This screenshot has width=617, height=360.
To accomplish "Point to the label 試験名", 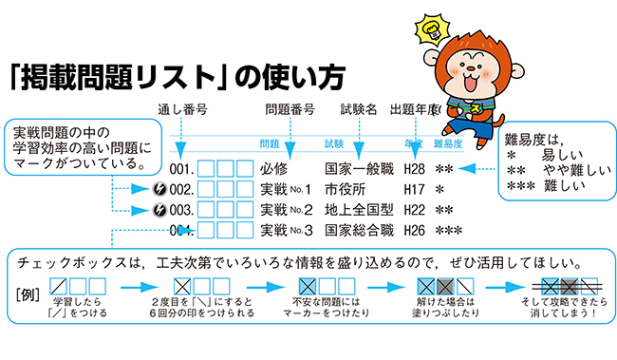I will [x=359, y=108].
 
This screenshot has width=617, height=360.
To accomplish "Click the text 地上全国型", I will [x=358, y=210].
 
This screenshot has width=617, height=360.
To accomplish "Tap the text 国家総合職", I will [x=358, y=230].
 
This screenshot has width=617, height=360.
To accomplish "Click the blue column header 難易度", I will [x=447, y=144].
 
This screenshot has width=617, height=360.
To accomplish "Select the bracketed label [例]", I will [x=27, y=289].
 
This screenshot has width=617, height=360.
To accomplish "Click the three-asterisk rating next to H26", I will [x=448, y=231].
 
